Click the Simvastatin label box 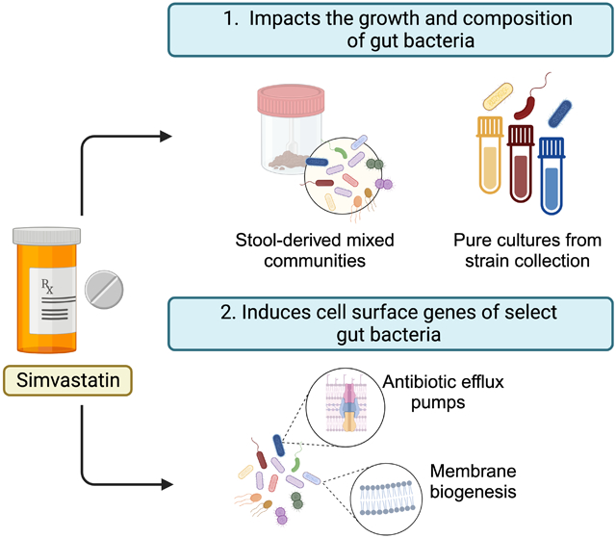point(67,380)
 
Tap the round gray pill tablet point(104,290)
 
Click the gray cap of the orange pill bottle point(47,235)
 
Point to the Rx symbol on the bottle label point(47,286)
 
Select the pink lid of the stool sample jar point(291,99)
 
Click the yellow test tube point(490,154)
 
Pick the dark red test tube point(521,164)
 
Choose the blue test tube point(552,175)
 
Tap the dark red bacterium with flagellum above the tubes point(529,101)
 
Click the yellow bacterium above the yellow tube point(498,96)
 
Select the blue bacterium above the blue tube point(559,114)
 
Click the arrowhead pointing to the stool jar point(166,137)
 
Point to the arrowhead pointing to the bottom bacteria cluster point(167,484)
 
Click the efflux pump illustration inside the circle point(346,407)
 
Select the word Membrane point(473,471)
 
